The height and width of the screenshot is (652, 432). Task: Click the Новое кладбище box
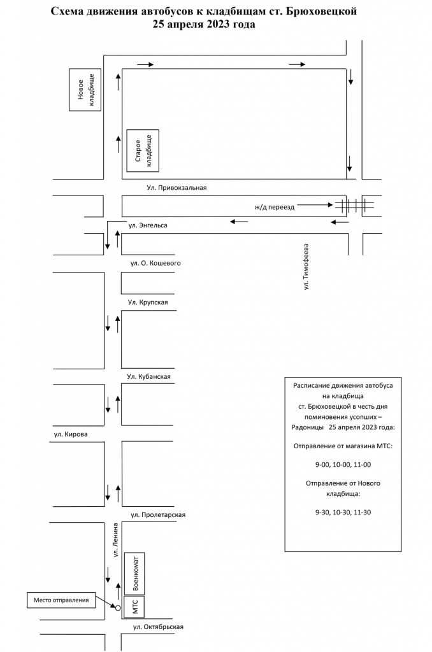pyautogui.click(x=85, y=90)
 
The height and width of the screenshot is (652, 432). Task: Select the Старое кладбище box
pyautogui.click(x=143, y=151)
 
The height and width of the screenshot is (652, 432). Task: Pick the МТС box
pyautogui.click(x=134, y=607)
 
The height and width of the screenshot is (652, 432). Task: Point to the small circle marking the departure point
pyautogui.click(x=118, y=608)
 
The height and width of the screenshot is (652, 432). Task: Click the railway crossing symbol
pyautogui.click(x=349, y=205)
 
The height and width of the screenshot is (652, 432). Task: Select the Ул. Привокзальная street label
pyautogui.click(x=176, y=188)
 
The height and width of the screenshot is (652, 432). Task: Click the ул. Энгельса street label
pyautogui.click(x=148, y=225)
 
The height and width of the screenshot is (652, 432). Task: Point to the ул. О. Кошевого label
pyautogui.click(x=156, y=262)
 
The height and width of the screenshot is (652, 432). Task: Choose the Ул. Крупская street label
pyautogui.click(x=148, y=302)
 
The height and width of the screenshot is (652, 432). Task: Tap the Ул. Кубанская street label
pyautogui.click(x=148, y=376)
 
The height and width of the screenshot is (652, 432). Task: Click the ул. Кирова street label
pyautogui.click(x=71, y=435)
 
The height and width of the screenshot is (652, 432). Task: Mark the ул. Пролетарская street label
pyautogui.click(x=158, y=514)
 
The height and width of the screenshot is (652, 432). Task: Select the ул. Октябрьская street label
pyautogui.click(x=158, y=627)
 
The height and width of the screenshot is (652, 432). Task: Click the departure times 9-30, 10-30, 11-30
pyautogui.click(x=343, y=511)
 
